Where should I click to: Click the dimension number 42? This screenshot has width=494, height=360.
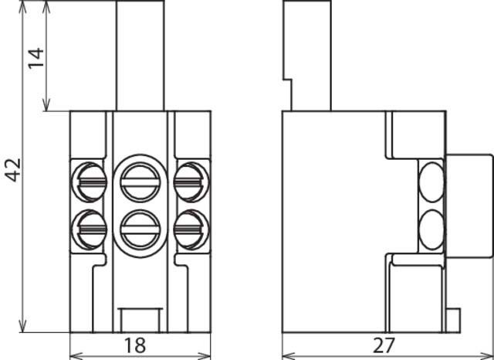14,170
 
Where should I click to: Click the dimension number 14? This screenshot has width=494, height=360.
36,58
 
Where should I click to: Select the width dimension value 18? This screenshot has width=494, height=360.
135,345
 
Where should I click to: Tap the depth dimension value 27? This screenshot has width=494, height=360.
384,345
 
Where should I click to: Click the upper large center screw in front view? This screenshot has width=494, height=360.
140,182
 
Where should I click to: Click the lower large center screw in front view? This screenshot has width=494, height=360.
140,229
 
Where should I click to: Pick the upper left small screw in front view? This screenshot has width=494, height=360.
90,182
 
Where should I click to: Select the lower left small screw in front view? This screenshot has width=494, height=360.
90,229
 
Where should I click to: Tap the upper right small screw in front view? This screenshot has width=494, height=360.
191,182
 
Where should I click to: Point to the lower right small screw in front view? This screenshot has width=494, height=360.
191,229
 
